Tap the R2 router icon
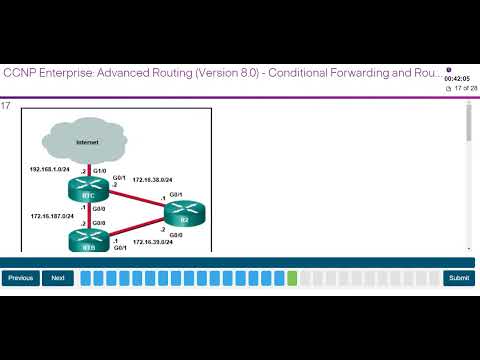click(183, 213)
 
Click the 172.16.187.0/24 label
click(53, 216)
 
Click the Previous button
click(21, 278)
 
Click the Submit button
click(459, 278)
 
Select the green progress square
click(292, 278)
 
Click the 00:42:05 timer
click(456, 77)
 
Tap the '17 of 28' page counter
click(462, 88)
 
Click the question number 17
click(6, 105)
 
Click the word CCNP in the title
click(20, 73)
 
